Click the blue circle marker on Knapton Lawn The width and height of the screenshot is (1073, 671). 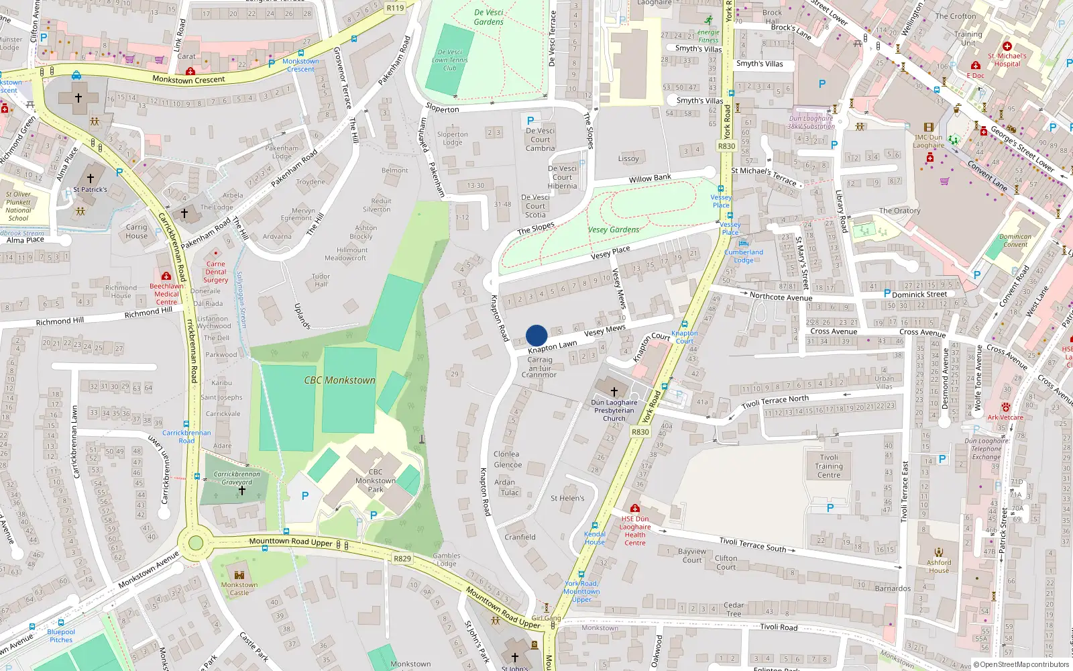pos(536,335)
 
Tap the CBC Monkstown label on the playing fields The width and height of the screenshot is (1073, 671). pos(339,380)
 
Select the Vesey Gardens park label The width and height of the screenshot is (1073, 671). pos(613,229)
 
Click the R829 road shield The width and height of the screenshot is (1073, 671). pos(402,558)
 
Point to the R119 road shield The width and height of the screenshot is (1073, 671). pos(396,8)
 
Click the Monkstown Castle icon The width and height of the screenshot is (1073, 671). pos(239,574)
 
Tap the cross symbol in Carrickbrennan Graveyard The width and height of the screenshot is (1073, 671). pos(242,491)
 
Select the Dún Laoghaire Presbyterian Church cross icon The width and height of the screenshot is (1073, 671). pos(614,391)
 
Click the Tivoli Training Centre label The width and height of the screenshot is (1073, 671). pos(829,466)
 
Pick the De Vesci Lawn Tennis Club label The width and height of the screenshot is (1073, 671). pos(449,60)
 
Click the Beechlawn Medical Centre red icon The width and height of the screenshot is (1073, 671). pos(166,276)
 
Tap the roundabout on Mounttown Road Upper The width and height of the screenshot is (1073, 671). pos(196,542)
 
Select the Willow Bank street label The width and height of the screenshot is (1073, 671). pos(650,178)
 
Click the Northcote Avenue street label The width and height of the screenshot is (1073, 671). pos(781,297)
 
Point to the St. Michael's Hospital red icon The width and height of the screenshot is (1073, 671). pos(1007,46)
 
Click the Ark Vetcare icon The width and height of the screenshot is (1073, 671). pos(1005,407)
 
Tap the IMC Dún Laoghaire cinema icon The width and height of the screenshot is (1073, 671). pos(928,127)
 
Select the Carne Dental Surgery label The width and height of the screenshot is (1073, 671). pos(216,272)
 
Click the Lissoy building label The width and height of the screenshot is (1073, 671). pos(628,159)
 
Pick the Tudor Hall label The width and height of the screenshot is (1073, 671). pos(321,280)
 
